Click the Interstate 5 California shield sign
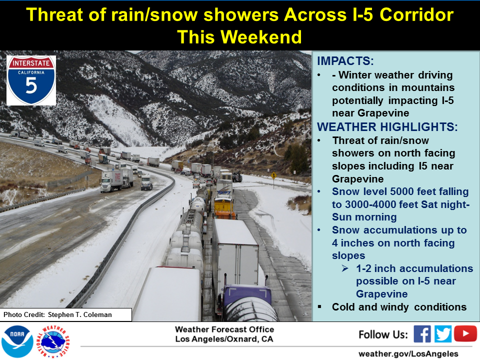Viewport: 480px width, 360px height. click(31, 80)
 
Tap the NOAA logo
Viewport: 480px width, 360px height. click(17, 341)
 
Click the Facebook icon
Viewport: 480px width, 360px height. click(422, 334)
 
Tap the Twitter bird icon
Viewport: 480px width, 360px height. click(442, 334)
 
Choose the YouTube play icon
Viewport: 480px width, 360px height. click(465, 333)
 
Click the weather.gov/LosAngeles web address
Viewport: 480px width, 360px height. click(408, 354)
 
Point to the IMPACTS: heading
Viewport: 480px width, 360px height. click(345, 61)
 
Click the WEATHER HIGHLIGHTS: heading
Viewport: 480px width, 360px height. click(387, 126)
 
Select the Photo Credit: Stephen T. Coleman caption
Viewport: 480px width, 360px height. click(57, 314)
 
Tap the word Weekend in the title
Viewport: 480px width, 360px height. click(261, 37)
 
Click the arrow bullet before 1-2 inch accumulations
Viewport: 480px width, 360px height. click(345, 268)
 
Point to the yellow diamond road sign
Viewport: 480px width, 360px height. click(273, 175)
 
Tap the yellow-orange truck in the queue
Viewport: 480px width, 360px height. click(224, 208)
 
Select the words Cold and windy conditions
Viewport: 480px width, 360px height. click(399, 307)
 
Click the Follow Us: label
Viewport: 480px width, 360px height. click(383, 334)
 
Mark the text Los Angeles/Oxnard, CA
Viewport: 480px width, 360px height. click(224, 339)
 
